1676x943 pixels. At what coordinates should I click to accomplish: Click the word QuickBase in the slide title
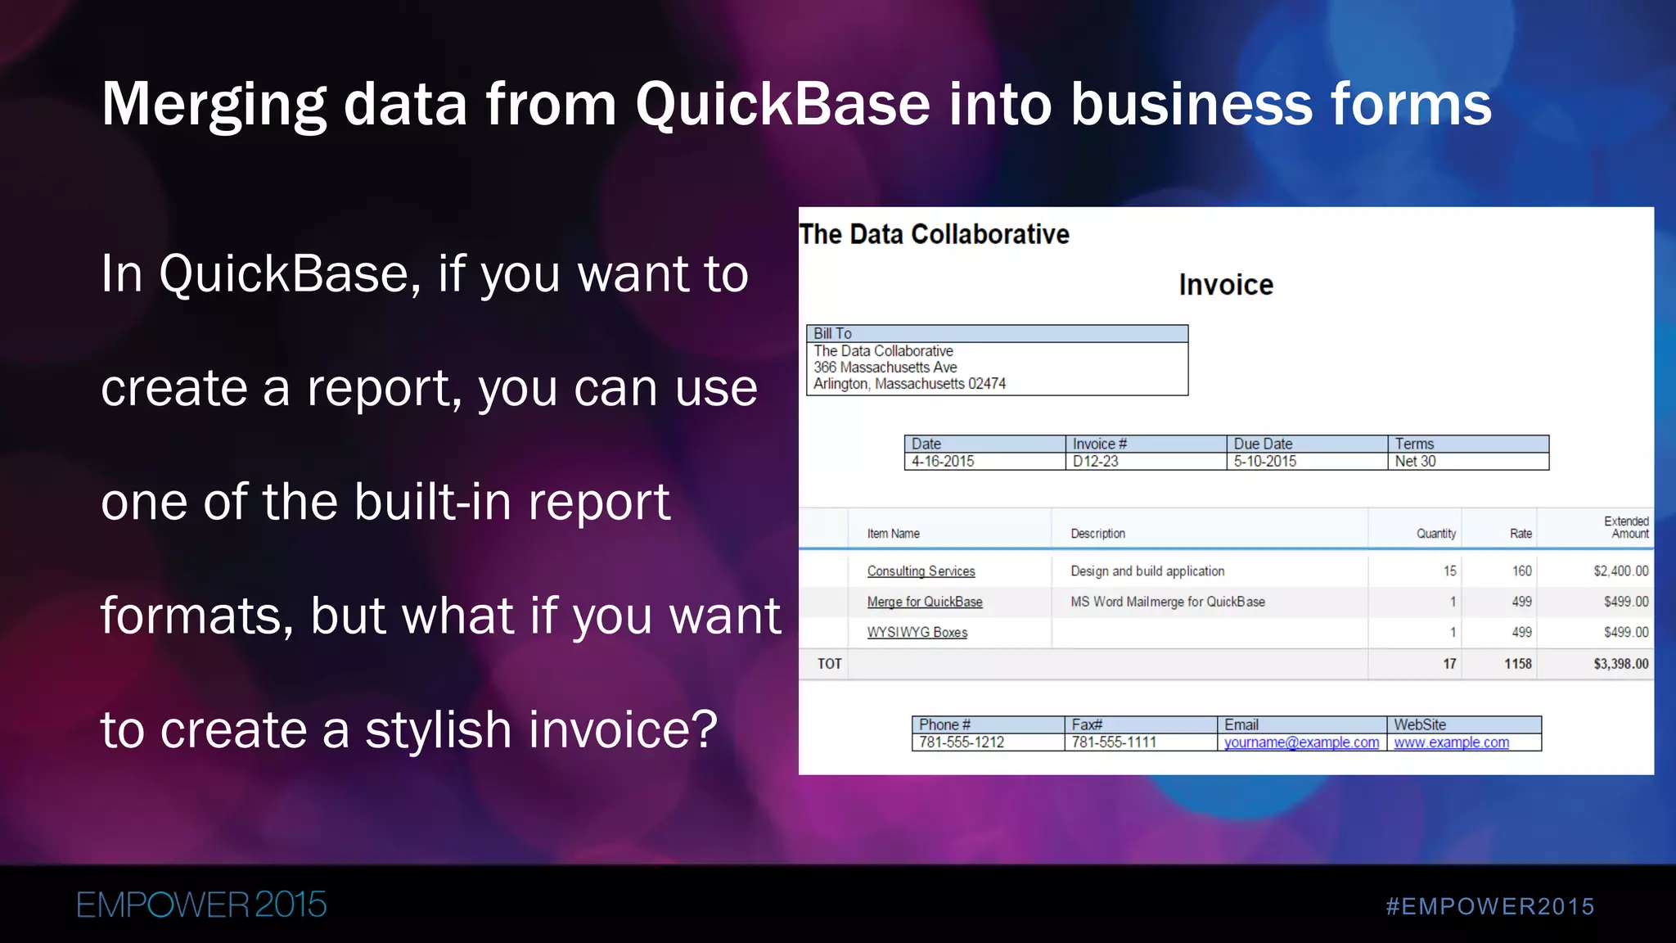[782, 105]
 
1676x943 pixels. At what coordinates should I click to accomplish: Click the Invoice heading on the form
[1225, 285]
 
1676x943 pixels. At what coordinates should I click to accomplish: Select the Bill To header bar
[996, 333]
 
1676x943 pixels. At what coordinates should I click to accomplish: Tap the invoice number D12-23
[1095, 461]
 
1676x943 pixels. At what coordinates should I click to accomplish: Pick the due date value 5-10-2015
[1264, 461]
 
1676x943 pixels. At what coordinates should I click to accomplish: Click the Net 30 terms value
[1415, 461]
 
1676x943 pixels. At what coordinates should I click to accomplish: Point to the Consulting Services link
[921, 571]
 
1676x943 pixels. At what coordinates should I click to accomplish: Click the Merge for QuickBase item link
[925, 602]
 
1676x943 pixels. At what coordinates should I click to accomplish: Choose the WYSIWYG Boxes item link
[917, 633]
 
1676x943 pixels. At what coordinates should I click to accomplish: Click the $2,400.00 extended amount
[1620, 571]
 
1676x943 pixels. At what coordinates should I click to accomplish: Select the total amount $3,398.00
[1620, 664]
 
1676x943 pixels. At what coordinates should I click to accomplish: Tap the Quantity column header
[1435, 534]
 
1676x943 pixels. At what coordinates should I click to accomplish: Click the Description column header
[1097, 534]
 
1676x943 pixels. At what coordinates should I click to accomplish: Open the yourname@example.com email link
[1301, 742]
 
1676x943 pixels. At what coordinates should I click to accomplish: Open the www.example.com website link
[1451, 742]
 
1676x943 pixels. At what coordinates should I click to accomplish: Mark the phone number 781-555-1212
[961, 742]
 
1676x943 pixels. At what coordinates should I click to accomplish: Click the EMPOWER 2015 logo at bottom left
[201, 905]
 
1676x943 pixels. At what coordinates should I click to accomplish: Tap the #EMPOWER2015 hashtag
[1489, 907]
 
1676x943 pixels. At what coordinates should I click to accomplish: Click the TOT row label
[829, 664]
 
